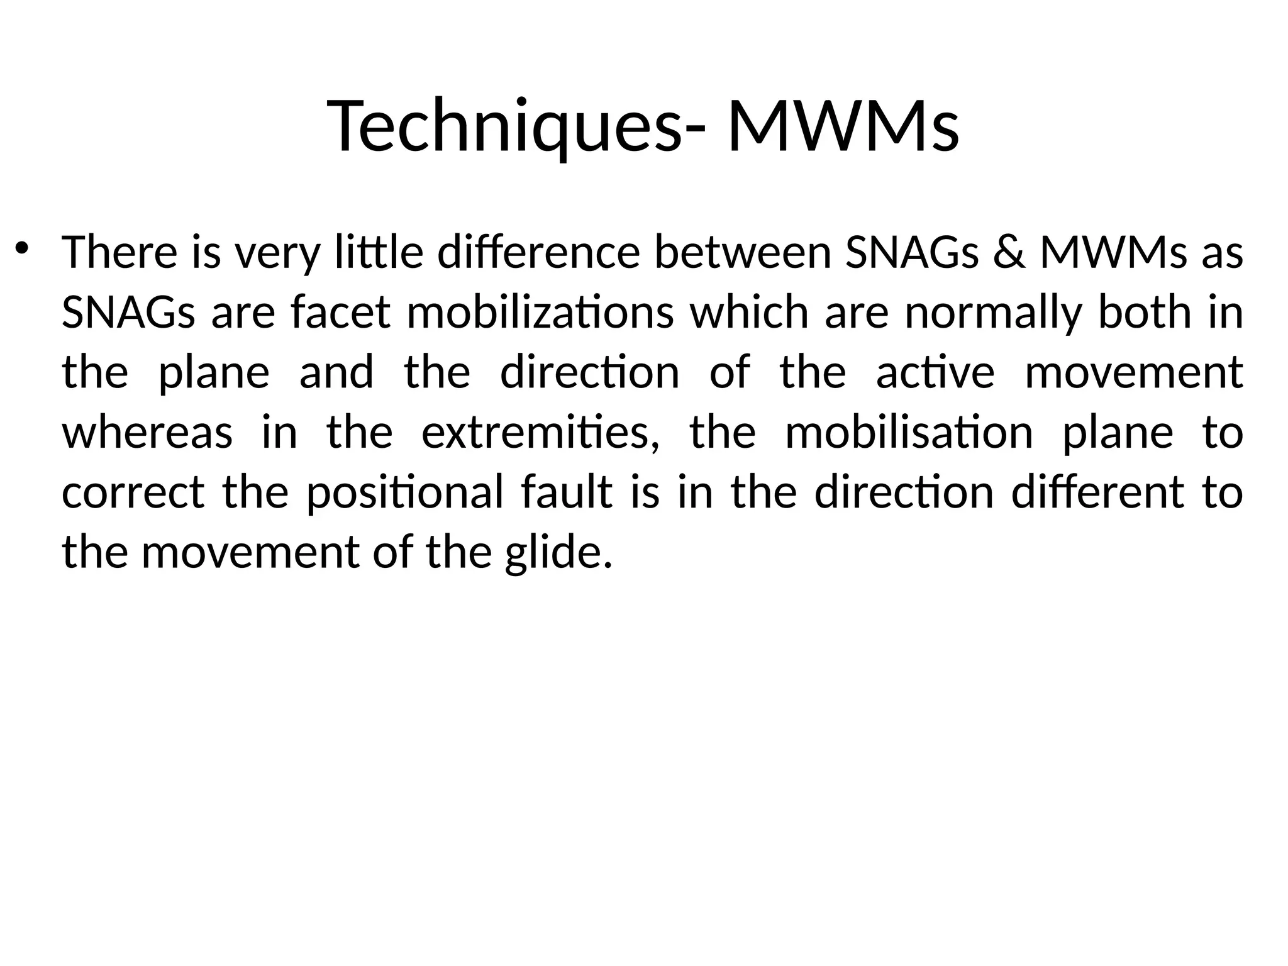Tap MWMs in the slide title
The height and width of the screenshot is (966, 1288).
pyautogui.click(x=843, y=126)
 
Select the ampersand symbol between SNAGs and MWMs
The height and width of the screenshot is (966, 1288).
pyautogui.click(x=1009, y=252)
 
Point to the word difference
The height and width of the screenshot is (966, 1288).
pyautogui.click(x=538, y=252)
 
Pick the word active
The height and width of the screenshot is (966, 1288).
pyautogui.click(x=935, y=372)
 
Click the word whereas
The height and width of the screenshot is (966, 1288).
pyautogui.click(x=147, y=433)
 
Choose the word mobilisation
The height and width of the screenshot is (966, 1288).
pyautogui.click(x=909, y=433)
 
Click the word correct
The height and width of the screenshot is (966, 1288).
pyautogui.click(x=133, y=492)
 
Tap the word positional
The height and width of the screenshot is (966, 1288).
pyautogui.click(x=405, y=492)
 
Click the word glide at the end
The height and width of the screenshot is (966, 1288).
pyautogui.click(x=558, y=553)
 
